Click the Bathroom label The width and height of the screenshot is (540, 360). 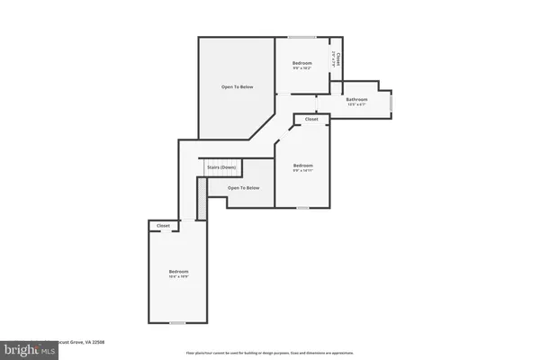(x=356, y=99)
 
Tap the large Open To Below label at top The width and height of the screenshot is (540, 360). (x=238, y=87)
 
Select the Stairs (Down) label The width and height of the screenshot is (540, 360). (x=221, y=167)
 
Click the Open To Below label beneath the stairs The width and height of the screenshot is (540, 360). (x=243, y=188)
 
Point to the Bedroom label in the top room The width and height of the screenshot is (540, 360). (x=302, y=62)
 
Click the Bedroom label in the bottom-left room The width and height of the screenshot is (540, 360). (x=178, y=271)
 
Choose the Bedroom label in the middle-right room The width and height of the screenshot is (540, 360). (x=302, y=165)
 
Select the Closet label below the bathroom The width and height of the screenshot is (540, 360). (x=311, y=119)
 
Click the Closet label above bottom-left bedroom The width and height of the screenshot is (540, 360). (x=163, y=226)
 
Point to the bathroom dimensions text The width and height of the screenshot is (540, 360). (x=356, y=105)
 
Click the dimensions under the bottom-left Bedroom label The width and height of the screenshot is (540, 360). (x=178, y=277)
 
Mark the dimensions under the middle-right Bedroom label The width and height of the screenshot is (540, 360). (x=302, y=171)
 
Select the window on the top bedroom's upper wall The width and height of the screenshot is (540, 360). (x=301, y=37)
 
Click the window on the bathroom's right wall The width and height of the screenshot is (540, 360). (x=391, y=102)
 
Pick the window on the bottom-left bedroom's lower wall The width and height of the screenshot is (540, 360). (x=177, y=322)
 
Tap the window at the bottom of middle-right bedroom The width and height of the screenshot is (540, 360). (x=302, y=207)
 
